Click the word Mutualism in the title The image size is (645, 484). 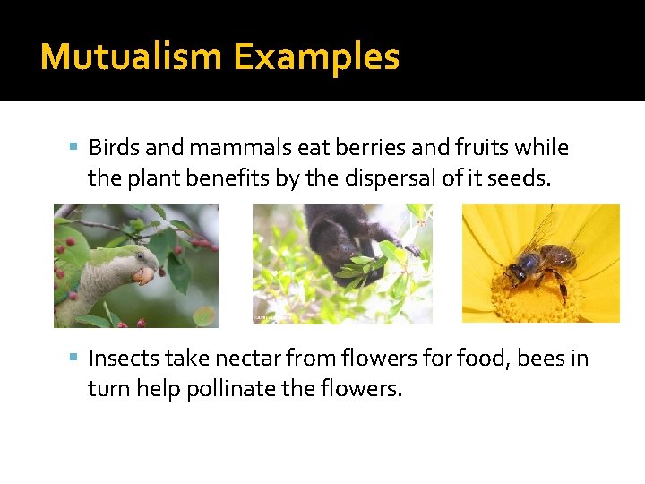click(132, 57)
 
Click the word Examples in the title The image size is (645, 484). click(316, 57)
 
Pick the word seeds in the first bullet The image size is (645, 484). click(520, 178)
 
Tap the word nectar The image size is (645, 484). click(236, 359)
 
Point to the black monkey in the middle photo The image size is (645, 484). click(345, 238)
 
